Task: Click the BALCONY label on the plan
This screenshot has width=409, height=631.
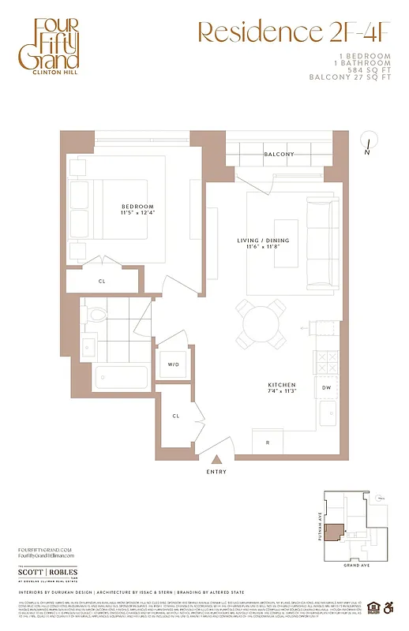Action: (280, 154)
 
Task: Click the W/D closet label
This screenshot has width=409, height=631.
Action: (173, 364)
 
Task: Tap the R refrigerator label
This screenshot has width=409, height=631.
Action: (268, 443)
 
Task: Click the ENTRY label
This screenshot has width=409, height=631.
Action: (216, 472)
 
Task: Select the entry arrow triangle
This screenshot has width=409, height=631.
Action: (216, 458)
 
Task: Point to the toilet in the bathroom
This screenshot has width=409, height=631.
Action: (96, 315)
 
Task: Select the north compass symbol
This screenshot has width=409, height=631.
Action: (368, 142)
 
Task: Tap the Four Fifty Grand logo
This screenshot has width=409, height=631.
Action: (56, 48)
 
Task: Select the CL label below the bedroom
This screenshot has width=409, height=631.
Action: (102, 280)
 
